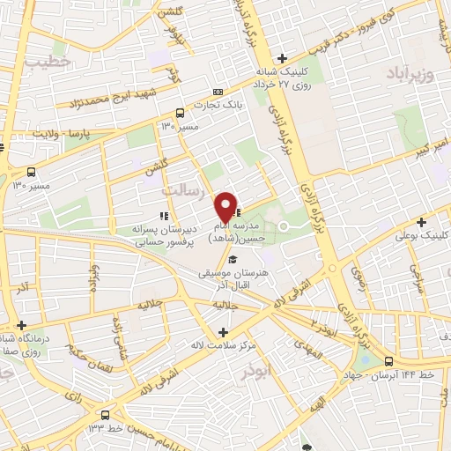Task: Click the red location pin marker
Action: pyautogui.click(x=226, y=206)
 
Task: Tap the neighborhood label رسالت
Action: pyautogui.click(x=182, y=189)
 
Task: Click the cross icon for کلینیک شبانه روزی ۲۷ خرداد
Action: pyautogui.click(x=281, y=58)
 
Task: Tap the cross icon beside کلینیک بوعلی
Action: pyautogui.click(x=422, y=222)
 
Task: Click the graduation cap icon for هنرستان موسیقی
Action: pyautogui.click(x=233, y=260)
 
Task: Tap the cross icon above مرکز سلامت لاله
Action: pyautogui.click(x=223, y=332)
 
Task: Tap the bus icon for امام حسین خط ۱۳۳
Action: pyautogui.click(x=106, y=414)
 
